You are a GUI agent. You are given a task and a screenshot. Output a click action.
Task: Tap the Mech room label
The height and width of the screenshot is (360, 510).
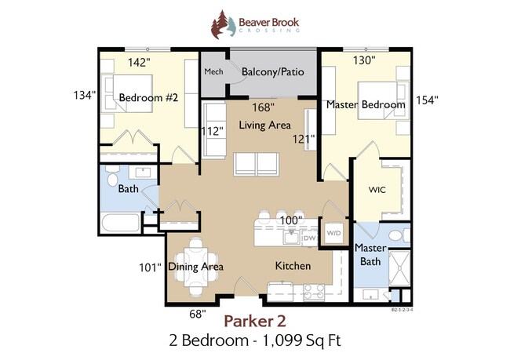pyautogui.click(x=213, y=72)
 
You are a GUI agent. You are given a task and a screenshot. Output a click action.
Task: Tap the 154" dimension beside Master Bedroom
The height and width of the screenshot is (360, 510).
pyautogui.click(x=427, y=100)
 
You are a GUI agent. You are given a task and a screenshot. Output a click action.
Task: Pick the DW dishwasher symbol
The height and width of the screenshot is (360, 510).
pyautogui.click(x=309, y=236)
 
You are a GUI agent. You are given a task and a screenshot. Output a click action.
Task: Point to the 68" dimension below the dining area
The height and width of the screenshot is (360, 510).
pyautogui.click(x=198, y=315)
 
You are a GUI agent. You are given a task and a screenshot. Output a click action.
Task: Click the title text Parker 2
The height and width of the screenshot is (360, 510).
pyautogui.click(x=254, y=320)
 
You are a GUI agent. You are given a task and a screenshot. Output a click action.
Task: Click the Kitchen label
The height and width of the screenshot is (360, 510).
pyautogui.click(x=293, y=266)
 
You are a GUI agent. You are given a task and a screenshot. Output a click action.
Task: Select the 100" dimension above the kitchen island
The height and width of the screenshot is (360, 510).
pyautogui.click(x=290, y=220)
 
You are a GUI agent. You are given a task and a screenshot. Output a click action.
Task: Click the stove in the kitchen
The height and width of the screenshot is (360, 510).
pyautogui.click(x=313, y=292)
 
